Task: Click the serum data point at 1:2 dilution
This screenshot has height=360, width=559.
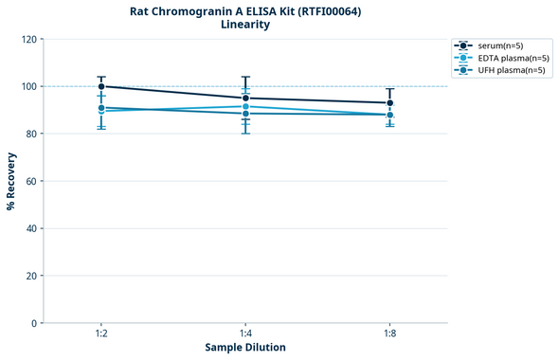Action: coord(101,86)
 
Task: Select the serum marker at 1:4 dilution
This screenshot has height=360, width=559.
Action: coord(245,98)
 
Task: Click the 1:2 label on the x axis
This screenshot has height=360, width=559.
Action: coord(101,334)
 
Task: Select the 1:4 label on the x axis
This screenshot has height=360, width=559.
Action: coord(245,334)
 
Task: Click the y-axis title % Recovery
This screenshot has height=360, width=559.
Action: coord(11,181)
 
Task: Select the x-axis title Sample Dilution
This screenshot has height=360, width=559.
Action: coord(245,348)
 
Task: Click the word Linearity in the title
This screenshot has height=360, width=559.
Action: coord(245,25)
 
